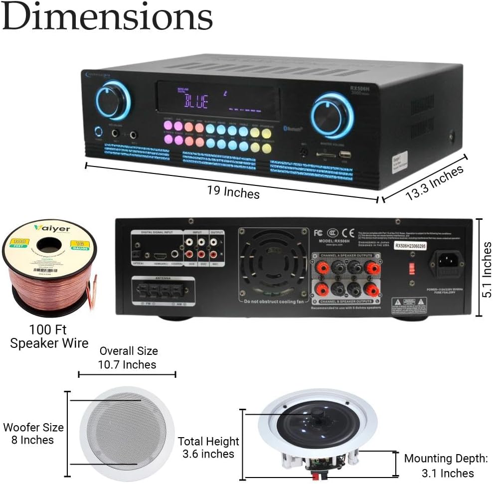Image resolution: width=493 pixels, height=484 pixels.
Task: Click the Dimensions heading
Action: [x=107, y=18]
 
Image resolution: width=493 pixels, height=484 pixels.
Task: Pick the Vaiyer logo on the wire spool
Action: [x=52, y=229]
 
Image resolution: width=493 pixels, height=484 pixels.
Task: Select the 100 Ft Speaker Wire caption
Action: [x=49, y=336]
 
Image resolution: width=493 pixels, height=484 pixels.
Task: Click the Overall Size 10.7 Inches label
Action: [x=128, y=358]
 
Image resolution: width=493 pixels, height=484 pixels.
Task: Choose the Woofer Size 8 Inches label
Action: [x=33, y=434]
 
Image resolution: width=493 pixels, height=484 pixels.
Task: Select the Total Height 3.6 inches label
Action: [x=208, y=447]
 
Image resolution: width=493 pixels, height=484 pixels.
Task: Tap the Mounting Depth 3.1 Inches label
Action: [x=445, y=466]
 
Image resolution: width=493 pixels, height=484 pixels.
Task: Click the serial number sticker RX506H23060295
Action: [x=410, y=245]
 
